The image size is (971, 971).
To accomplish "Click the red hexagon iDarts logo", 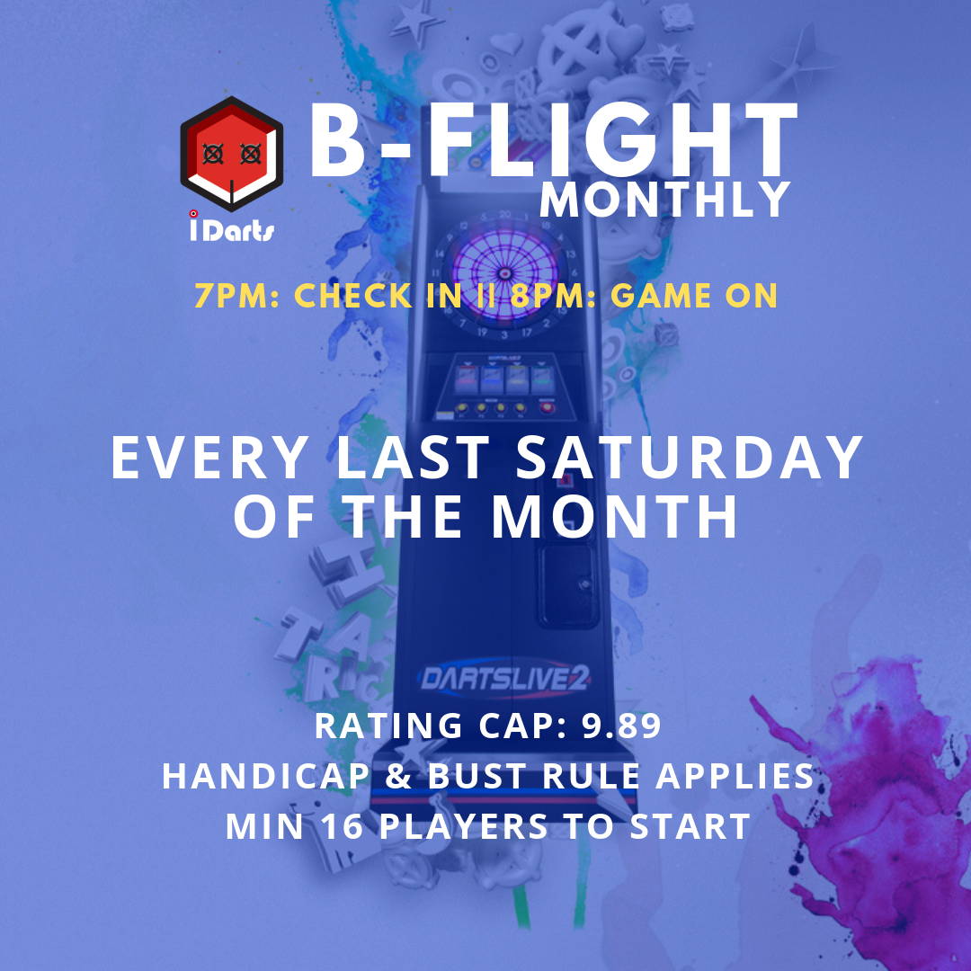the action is [x=232, y=154].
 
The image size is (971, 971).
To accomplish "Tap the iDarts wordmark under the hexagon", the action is [x=232, y=227].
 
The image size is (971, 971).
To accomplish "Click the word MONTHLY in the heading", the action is [x=665, y=200].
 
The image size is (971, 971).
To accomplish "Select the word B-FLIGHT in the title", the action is [x=554, y=140].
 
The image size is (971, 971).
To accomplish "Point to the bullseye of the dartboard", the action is [x=504, y=273].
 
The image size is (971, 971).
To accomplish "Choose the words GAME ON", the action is [x=694, y=296].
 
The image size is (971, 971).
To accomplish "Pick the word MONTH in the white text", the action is [x=614, y=516].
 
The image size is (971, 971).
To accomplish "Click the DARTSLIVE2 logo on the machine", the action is [x=504, y=679].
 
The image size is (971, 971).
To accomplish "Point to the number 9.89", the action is [x=621, y=726].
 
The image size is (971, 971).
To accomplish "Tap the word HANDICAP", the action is [x=265, y=776].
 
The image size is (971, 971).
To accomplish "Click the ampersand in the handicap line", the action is [x=398, y=776].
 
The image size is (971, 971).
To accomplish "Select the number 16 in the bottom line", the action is [x=342, y=826].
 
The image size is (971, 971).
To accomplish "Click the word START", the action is [x=690, y=826].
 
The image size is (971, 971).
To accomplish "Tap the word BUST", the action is [x=478, y=776].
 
